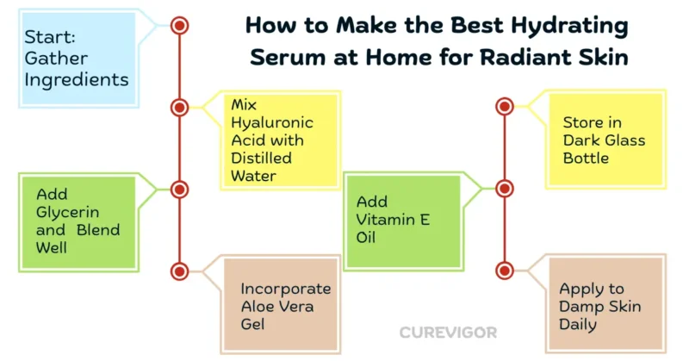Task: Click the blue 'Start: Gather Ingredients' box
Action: tap(78, 58)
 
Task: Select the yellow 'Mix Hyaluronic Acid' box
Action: tap(281, 140)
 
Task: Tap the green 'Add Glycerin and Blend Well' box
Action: tap(78, 222)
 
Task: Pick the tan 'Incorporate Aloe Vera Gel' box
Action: tap(281, 304)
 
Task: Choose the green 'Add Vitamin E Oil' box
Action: tap(403, 221)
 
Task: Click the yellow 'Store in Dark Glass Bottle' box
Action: tap(606, 140)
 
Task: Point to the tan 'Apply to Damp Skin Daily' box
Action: tap(606, 303)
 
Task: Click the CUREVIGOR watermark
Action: tap(448, 333)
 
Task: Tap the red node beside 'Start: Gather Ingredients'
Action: tap(179, 26)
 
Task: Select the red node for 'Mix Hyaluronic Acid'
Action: tap(179, 108)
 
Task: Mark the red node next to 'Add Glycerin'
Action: tap(179, 190)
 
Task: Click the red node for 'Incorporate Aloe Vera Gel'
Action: tap(179, 271)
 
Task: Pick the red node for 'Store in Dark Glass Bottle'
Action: tap(505, 107)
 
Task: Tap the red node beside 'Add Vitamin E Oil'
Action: tap(505, 189)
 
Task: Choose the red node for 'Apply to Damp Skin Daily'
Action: tap(505, 271)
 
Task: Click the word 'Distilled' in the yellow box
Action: tap(261, 158)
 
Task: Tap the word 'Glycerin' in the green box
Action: tap(67, 213)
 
